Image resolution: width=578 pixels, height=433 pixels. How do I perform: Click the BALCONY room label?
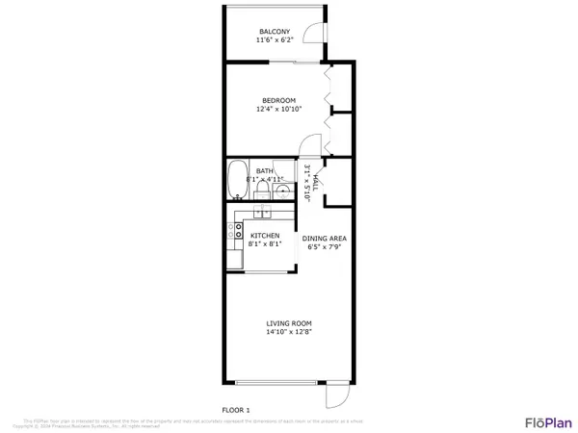point(274,32)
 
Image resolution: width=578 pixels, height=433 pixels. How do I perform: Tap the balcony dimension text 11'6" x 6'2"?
point(274,40)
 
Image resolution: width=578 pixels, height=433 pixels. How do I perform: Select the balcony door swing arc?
point(313,34)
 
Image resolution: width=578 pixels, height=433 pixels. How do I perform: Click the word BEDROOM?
point(278,100)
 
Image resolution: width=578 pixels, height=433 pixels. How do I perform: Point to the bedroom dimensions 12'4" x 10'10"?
point(278,109)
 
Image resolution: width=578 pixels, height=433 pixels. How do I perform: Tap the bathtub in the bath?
point(237,179)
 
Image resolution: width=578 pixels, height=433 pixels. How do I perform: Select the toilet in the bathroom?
point(278,189)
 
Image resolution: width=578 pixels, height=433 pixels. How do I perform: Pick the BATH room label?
point(264,170)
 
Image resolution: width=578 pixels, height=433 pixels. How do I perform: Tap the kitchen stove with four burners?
point(234,230)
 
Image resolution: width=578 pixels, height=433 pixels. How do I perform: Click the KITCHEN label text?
point(265,236)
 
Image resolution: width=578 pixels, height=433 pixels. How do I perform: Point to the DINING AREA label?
point(325,239)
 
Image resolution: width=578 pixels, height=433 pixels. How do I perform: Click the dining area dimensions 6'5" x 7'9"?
point(325,247)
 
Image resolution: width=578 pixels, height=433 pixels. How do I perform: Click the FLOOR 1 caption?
point(236,410)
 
